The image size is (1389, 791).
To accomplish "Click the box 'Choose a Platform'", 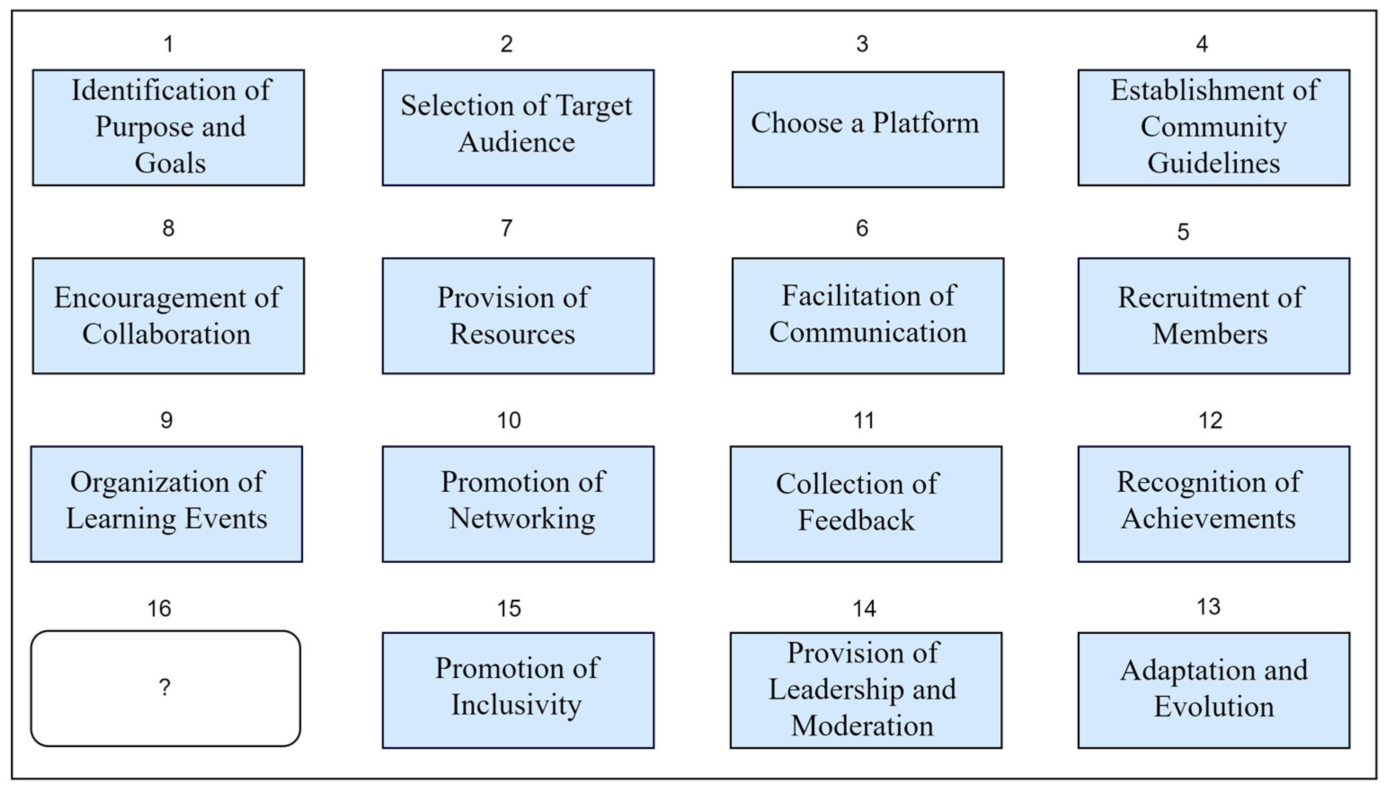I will (867, 129).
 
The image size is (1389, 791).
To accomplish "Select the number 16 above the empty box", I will (159, 609).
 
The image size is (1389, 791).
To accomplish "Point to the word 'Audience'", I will (516, 142).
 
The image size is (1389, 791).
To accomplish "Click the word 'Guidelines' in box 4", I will (1213, 163).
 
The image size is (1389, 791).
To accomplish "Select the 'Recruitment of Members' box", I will (1213, 316).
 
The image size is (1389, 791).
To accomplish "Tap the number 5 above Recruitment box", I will (1183, 232).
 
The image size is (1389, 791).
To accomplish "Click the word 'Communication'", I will (867, 332).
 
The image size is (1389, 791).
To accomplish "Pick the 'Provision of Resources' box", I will (518, 316).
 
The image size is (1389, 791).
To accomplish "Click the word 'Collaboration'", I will (166, 334).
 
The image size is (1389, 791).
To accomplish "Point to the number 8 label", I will (168, 228).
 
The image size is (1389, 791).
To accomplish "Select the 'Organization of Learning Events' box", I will (166, 504).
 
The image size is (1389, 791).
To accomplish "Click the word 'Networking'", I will (522, 518).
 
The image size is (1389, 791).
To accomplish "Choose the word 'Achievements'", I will (1208, 518).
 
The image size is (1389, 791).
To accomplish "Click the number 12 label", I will (1210, 420).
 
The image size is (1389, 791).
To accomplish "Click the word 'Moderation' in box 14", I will (862, 725).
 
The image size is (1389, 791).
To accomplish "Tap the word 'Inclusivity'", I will (516, 705).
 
